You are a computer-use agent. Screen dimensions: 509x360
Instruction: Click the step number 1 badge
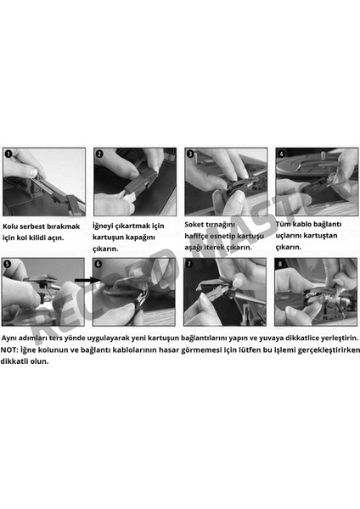click(8, 155)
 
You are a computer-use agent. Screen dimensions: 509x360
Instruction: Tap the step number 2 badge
click(99, 155)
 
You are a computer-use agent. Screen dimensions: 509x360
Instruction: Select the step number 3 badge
click(191, 155)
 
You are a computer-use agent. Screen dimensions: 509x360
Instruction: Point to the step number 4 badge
click(282, 155)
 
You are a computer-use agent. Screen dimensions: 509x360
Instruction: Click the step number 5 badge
click(8, 265)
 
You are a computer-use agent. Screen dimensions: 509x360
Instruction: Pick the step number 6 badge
click(99, 265)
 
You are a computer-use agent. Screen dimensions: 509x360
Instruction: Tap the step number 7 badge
click(191, 265)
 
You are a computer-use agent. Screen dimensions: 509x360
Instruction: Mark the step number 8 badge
click(282, 265)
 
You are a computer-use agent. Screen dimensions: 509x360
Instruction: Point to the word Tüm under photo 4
click(285, 222)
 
